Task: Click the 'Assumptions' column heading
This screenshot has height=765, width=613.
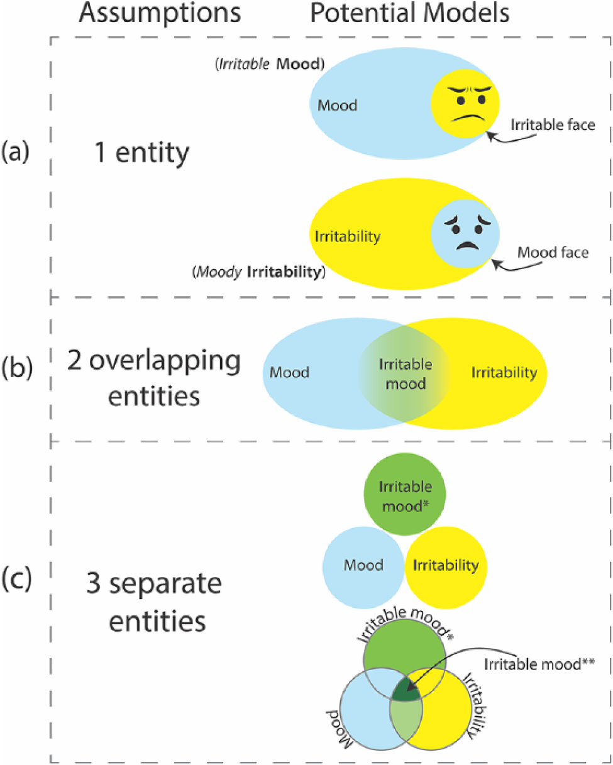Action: tap(160, 13)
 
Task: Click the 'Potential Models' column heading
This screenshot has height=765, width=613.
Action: tap(410, 13)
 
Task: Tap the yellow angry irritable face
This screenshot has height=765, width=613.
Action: tap(465, 104)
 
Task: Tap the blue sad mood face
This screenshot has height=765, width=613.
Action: tap(465, 234)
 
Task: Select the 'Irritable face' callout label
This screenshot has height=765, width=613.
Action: tap(553, 124)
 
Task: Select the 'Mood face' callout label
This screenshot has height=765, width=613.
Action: tap(553, 253)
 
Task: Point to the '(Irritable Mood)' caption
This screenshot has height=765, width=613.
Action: tap(270, 64)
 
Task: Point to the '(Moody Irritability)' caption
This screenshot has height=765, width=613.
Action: tap(259, 272)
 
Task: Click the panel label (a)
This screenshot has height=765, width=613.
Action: tap(15, 152)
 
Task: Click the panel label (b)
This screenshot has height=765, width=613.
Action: tap(17, 368)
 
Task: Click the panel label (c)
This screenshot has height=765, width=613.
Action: tap(16, 579)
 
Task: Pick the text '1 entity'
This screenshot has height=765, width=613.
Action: tap(141, 153)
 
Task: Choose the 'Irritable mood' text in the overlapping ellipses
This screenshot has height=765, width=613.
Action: tap(406, 374)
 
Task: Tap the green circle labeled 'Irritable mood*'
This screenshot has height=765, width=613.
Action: tap(404, 494)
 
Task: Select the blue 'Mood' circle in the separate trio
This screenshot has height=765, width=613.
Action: tap(363, 568)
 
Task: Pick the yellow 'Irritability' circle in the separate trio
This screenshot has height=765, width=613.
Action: tap(446, 568)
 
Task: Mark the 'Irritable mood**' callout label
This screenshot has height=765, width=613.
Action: tap(539, 664)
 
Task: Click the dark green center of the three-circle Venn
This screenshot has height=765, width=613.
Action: tap(406, 690)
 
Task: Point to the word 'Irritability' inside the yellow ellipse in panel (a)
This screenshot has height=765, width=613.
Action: tap(348, 236)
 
